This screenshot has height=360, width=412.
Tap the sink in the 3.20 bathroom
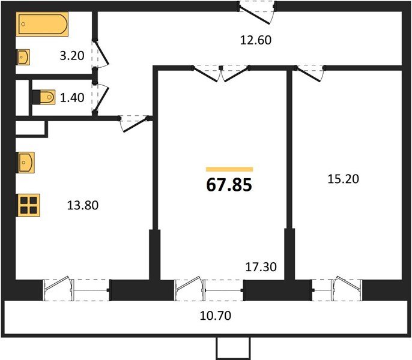pos(23,58)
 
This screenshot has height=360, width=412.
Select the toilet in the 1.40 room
pos(44,96)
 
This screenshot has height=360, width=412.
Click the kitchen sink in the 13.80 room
pos(26,162)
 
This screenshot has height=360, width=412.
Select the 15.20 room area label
pos(344,179)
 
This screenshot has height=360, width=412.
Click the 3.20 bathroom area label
pos(71,57)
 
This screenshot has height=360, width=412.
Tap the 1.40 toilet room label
pos(71,96)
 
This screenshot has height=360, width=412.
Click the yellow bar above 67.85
pos(229,169)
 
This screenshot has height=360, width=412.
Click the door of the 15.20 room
pos(307,73)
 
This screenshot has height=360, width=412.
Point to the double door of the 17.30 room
pos(221,73)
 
